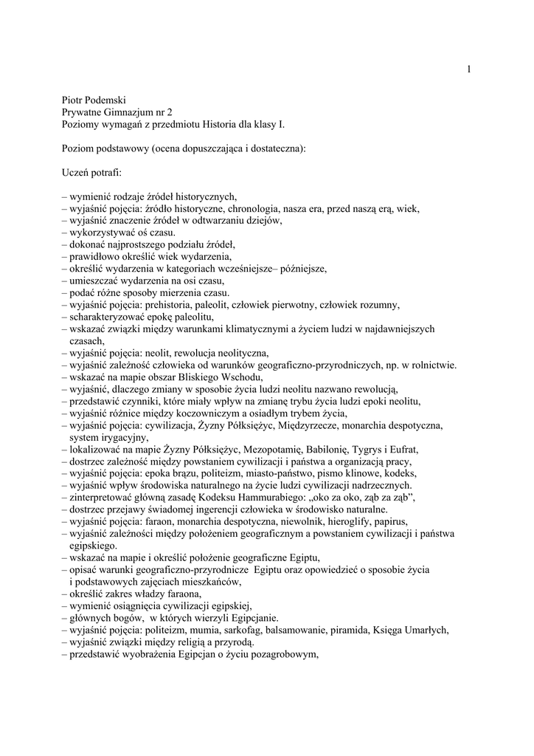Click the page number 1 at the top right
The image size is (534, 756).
click(468, 69)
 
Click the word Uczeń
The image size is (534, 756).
click(77, 172)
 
